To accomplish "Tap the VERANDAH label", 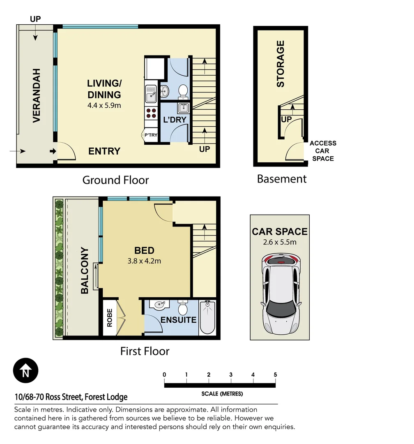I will (36, 95).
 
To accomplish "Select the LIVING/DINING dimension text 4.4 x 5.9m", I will (104, 105).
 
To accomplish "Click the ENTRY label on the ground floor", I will (104, 151).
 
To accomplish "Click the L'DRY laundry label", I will (175, 120).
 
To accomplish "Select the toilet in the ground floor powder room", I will (183, 91).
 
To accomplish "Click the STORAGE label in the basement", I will (281, 64).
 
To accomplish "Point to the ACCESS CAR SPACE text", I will (323, 151).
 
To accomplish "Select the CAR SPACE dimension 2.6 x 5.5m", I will (280, 242).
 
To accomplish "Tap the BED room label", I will (145, 250).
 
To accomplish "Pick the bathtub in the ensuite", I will (207, 318).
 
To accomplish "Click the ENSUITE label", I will (178, 320).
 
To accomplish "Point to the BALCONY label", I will (85, 270).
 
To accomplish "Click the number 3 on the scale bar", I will (231, 375).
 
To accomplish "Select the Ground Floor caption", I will (115, 180).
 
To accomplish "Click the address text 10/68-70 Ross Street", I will (71, 397).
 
